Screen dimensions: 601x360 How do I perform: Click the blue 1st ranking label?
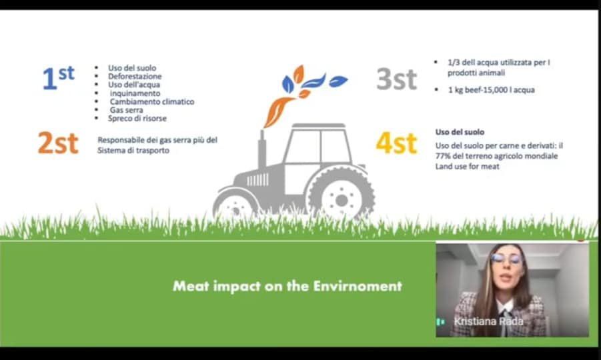[58, 78]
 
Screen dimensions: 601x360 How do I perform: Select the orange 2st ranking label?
[58, 143]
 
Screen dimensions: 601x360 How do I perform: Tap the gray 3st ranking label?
[396, 79]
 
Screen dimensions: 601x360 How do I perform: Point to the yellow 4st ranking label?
[396, 143]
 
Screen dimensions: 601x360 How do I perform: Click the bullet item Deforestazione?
[135, 76]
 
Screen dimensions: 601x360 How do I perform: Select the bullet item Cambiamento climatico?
[152, 101]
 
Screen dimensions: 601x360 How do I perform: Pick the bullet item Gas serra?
[126, 110]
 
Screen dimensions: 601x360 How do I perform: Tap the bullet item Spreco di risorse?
[137, 119]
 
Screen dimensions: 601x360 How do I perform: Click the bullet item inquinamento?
[135, 93]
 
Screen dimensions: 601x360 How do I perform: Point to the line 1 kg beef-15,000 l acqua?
[492, 90]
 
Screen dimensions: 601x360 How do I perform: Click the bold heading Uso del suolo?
[460, 132]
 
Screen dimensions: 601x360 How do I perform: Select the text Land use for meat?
[467, 166]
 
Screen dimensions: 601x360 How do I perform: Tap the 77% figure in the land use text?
[442, 156]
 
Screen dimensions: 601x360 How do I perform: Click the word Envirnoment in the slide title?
[358, 286]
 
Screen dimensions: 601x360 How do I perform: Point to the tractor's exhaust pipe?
[262, 149]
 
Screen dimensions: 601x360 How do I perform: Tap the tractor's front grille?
[257, 179]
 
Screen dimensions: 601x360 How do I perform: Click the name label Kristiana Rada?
[488, 321]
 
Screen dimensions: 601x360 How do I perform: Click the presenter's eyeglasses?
[507, 259]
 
